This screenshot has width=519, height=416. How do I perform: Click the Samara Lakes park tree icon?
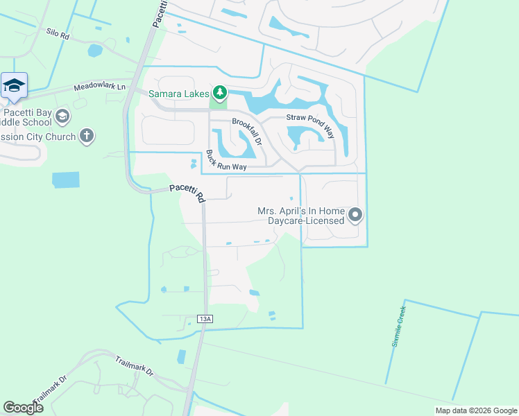tap(220, 92)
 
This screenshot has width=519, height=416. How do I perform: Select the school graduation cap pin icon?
tap(14, 85)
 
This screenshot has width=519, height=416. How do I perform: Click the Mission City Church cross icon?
tap(87, 136)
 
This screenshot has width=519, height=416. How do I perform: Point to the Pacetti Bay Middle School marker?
tap(63, 114)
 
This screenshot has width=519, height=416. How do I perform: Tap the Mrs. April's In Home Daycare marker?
tap(355, 215)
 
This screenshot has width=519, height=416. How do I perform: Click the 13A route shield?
tap(203, 318)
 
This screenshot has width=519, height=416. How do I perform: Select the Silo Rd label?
tap(58, 33)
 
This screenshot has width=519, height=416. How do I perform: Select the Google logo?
tap(23, 407)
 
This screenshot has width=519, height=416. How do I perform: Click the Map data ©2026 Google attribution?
tap(476, 410)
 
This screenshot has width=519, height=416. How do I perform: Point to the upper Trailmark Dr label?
tap(133, 365)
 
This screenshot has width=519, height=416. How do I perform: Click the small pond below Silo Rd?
tap(94, 51)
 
